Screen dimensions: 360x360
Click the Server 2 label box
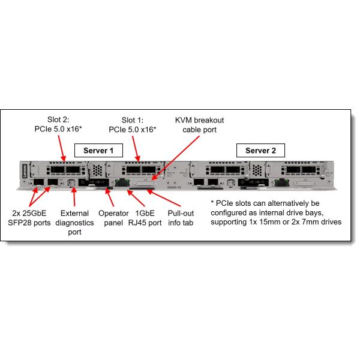(260, 149)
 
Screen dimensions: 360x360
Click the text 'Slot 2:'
(60, 118)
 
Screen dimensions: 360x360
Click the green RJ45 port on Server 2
(245, 181)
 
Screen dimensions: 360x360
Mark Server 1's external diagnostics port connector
(72, 182)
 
